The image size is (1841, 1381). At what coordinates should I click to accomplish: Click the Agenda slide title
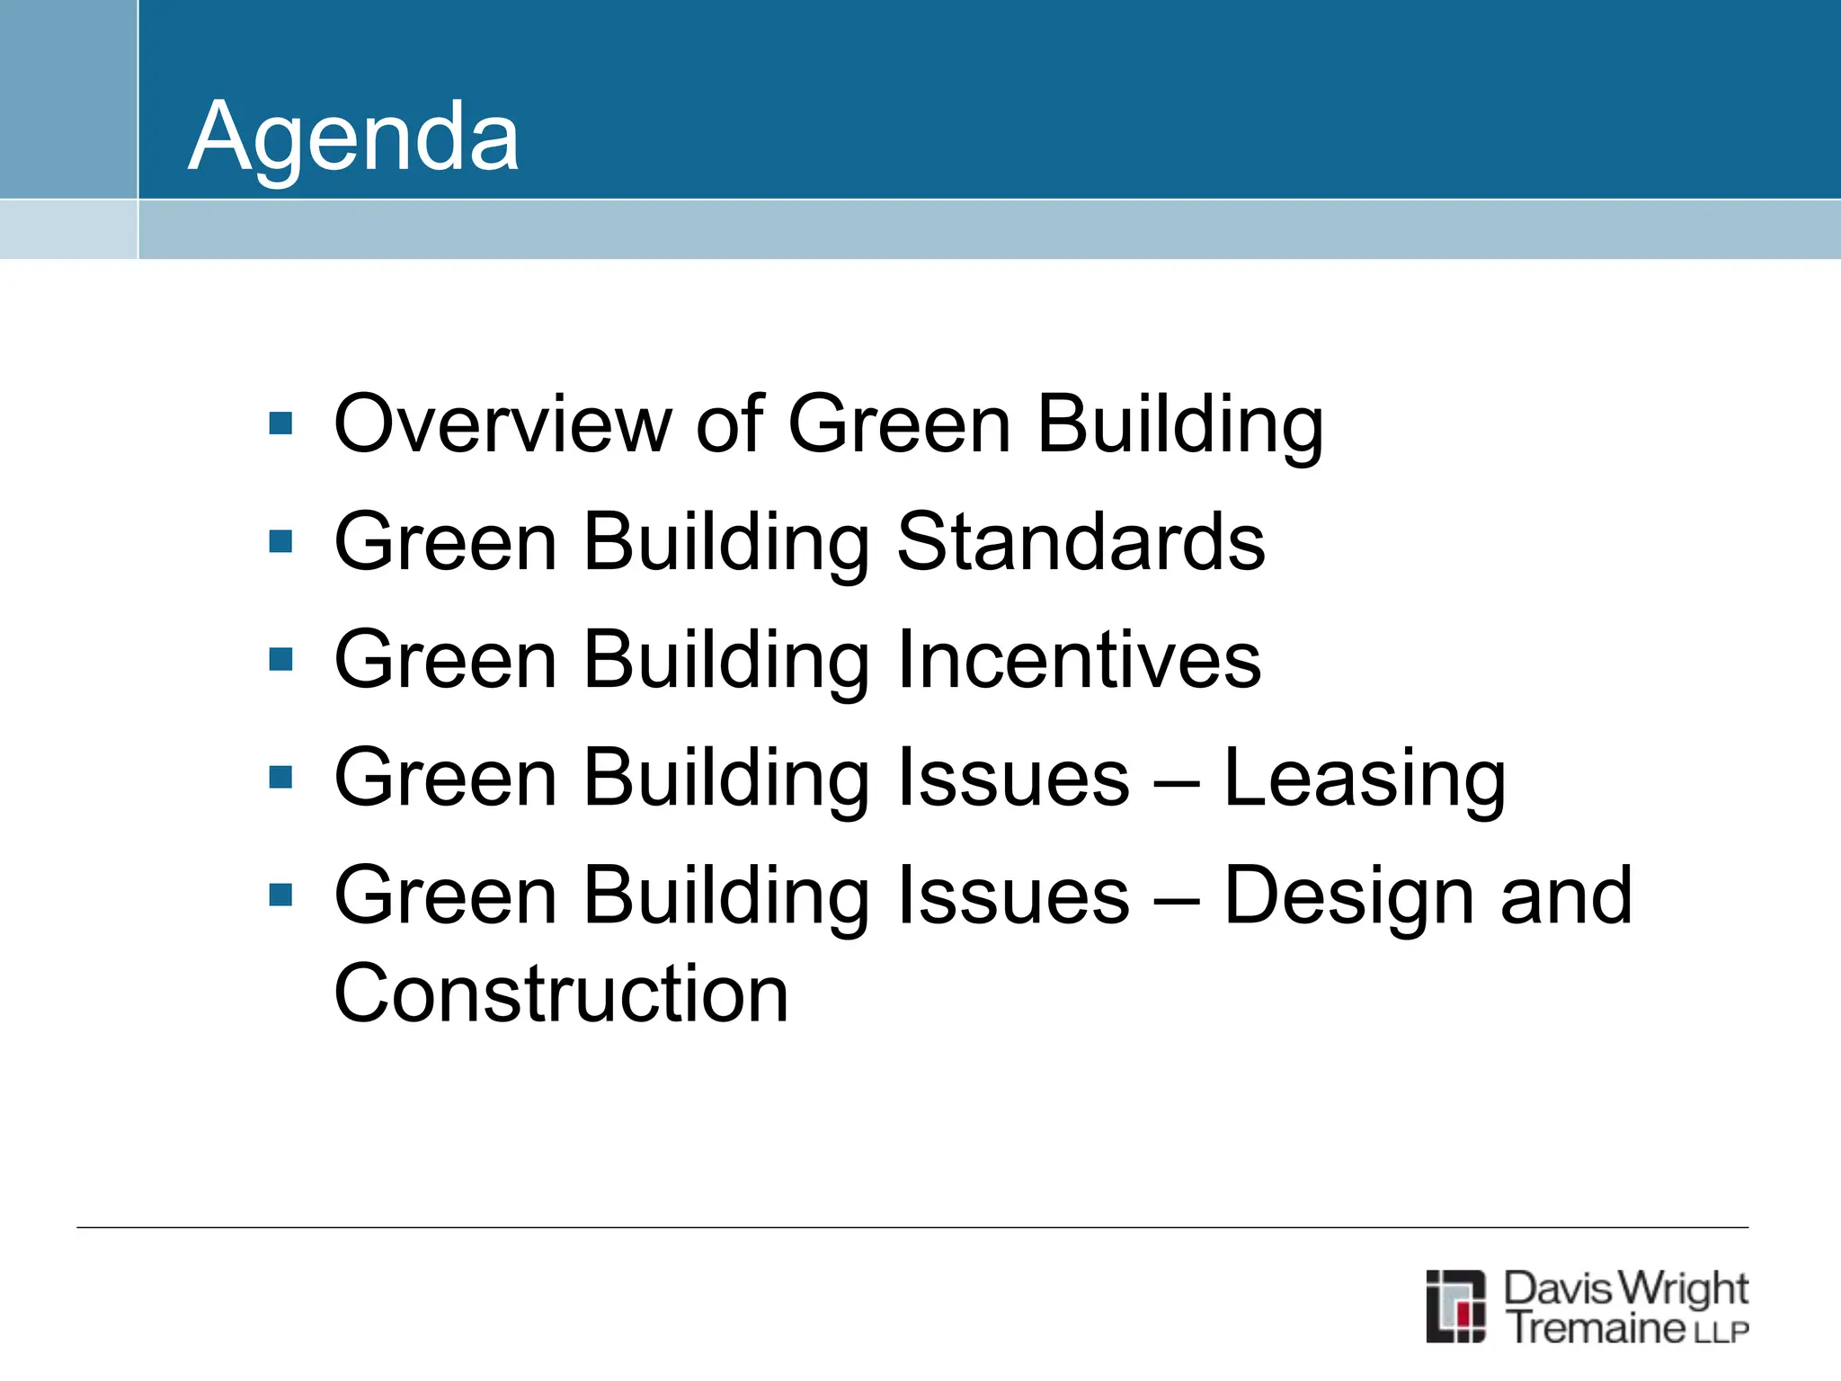click(x=353, y=137)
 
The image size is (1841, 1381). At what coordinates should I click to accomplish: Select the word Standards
click(x=1081, y=541)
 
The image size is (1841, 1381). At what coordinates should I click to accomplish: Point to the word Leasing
click(x=1364, y=779)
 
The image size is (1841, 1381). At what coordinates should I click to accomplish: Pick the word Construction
click(x=561, y=993)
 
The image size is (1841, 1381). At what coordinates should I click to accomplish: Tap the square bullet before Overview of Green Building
click(x=280, y=423)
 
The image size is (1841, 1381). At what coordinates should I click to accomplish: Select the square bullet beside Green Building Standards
click(x=280, y=541)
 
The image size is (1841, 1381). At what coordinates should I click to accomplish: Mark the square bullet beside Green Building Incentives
click(x=280, y=660)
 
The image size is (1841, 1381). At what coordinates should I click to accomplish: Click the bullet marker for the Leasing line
click(x=280, y=778)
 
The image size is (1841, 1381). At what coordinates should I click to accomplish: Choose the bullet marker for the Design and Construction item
click(x=280, y=895)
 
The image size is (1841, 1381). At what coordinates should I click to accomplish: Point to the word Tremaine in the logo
click(x=1597, y=1328)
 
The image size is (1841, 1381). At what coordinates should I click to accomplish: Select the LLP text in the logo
click(x=1721, y=1332)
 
